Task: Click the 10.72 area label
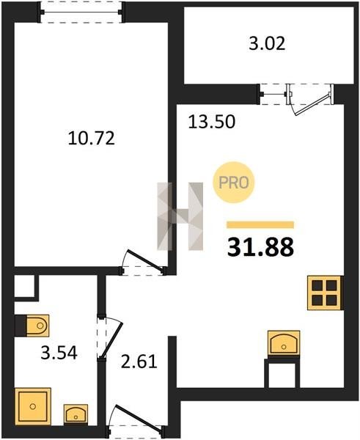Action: [92, 139]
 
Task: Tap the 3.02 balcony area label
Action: [267, 44]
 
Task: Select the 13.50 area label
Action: [212, 122]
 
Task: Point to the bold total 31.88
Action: [260, 247]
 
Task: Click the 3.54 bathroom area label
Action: [59, 353]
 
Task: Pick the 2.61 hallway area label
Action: [139, 362]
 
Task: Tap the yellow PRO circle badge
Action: [233, 183]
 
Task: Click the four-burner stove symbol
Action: [324, 293]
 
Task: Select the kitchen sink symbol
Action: [284, 343]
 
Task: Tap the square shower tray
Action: [33, 406]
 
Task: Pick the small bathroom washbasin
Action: [76, 414]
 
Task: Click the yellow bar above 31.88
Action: [260, 225]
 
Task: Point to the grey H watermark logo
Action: [180, 216]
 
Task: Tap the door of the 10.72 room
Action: [143, 262]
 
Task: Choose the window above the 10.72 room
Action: [81, 12]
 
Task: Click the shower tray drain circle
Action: [33, 406]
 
